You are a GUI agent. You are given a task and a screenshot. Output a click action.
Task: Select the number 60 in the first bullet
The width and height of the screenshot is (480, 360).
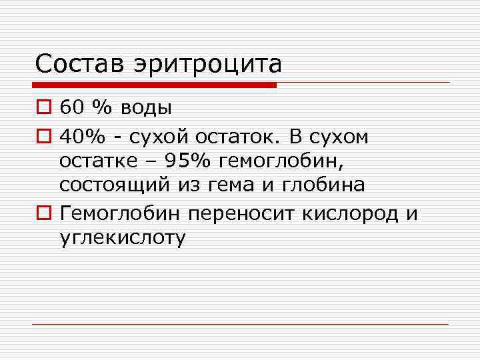pos(69,107)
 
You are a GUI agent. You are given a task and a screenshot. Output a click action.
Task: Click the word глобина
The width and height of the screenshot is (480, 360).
pos(322,185)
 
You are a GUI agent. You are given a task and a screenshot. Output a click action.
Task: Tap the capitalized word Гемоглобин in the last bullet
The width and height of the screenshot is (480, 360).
pos(121,213)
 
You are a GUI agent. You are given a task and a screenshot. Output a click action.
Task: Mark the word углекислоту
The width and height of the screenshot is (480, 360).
pos(121,239)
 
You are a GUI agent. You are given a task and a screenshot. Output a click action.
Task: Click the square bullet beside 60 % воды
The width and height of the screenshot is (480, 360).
pos(43,108)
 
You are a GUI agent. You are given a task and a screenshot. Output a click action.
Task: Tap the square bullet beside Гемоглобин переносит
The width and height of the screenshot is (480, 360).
pos(43,214)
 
